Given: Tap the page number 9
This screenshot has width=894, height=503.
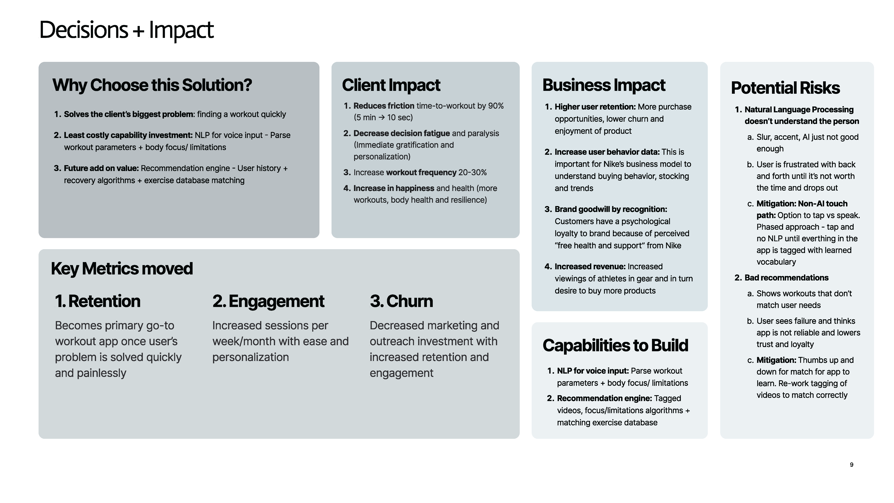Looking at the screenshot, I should click(x=851, y=464).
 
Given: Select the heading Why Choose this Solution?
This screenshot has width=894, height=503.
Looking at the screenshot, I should click(x=152, y=85).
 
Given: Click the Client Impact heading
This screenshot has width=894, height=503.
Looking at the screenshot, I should click(x=391, y=85).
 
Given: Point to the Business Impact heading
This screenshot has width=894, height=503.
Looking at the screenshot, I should click(x=604, y=85).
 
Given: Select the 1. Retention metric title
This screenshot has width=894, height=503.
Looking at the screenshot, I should click(x=98, y=301).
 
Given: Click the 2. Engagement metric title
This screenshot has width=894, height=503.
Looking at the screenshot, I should click(x=268, y=301).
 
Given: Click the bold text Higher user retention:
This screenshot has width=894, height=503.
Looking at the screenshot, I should click(x=595, y=107).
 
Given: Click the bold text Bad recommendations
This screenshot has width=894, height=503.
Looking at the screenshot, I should click(x=786, y=278).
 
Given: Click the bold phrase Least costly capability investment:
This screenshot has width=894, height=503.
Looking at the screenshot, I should click(x=128, y=135).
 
